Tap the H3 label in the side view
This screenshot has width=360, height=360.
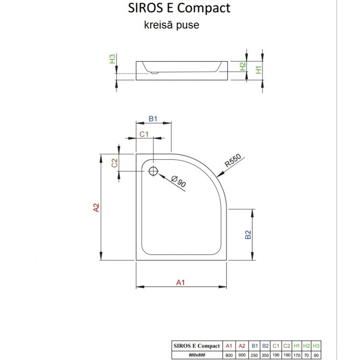(x=112, y=60)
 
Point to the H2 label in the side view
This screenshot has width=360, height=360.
(x=243, y=67)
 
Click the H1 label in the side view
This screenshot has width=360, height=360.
(x=259, y=69)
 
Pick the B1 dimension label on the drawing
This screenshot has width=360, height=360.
(x=153, y=119)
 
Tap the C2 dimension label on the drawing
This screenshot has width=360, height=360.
(x=115, y=163)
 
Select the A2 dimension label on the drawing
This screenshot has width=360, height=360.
(x=96, y=207)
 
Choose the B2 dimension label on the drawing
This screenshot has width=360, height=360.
(x=248, y=235)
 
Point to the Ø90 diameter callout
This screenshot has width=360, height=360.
(x=178, y=182)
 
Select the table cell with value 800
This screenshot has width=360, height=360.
(x=229, y=354)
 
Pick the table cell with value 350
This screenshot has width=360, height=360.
(x=265, y=354)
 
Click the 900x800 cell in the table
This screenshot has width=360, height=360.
(x=196, y=354)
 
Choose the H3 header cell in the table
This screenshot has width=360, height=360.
(x=316, y=346)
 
